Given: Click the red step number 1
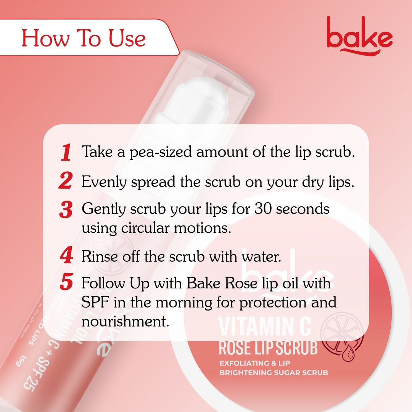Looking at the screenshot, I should coord(66,153).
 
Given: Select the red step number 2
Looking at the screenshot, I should coord(66,181).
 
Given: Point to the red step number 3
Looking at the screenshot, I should coord(66,210).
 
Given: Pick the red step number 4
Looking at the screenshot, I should coord(66,256).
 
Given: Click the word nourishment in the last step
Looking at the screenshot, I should coord(125,321).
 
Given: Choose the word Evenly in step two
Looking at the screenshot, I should coord(104,182).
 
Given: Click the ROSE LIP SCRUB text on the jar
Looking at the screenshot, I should coord(268,348).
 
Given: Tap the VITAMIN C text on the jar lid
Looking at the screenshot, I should coord(265,327).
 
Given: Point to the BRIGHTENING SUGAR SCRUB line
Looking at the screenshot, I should coord(274,372).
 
